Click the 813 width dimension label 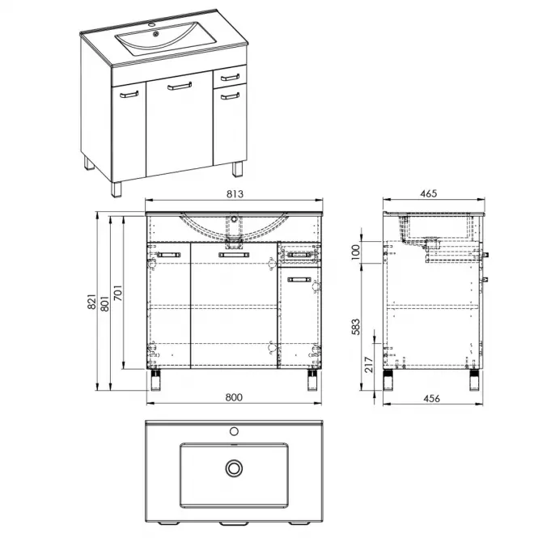(x=235, y=194)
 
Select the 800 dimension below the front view (x=234, y=397)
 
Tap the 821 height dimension (x=91, y=302)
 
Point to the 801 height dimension (x=104, y=303)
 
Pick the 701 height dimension (x=117, y=293)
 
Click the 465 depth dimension (x=429, y=193)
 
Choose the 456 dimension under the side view (x=431, y=398)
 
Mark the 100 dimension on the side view (x=356, y=252)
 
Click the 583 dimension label (x=356, y=327)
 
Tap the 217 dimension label (x=368, y=364)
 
